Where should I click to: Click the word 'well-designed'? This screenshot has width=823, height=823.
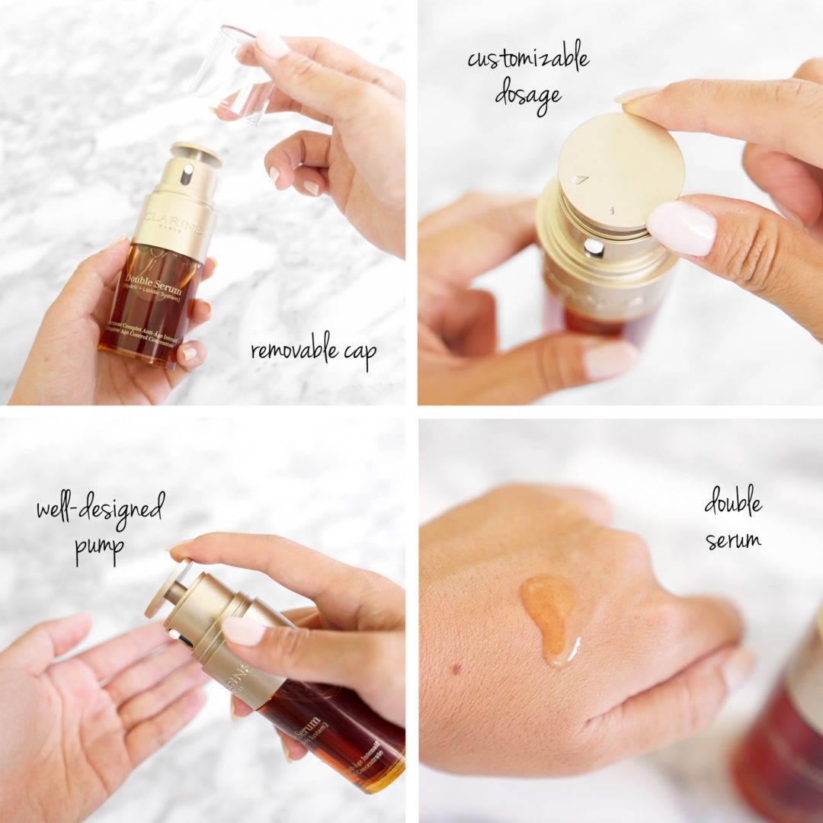(100, 509)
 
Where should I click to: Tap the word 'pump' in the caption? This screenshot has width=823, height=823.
(98, 548)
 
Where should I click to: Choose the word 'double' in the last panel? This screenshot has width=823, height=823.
(732, 505)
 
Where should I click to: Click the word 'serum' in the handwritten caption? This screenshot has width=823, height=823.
(732, 540)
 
